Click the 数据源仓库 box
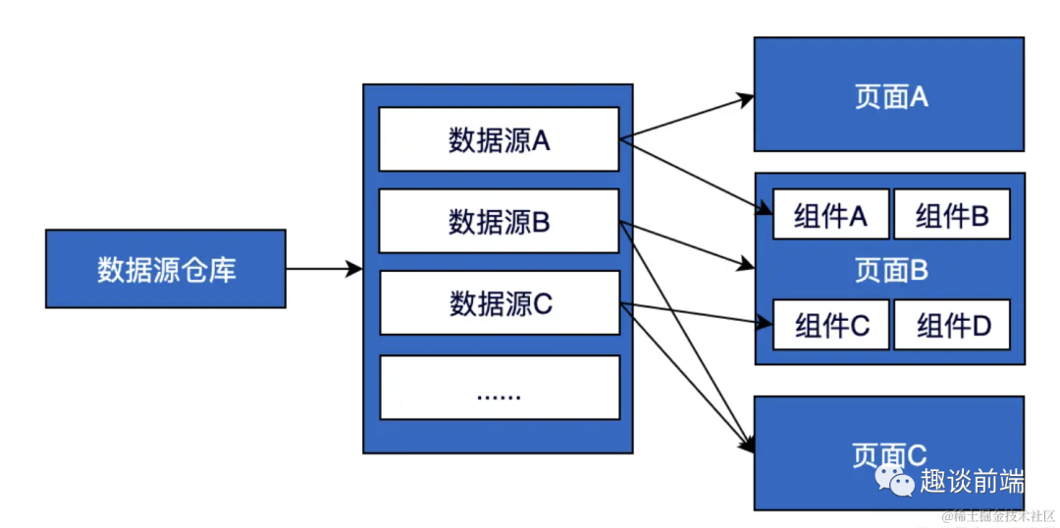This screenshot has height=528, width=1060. [166, 269]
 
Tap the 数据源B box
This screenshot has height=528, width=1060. [499, 222]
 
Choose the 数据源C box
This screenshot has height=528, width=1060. [499, 303]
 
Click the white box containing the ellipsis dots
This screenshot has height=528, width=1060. [499, 388]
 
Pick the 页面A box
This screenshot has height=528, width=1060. [888, 95]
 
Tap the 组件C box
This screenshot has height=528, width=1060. [830, 325]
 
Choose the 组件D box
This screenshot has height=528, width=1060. [951, 325]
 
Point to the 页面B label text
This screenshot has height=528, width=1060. [889, 270]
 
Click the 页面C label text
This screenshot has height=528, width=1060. [889, 454]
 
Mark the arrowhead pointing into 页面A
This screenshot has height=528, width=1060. [747, 98]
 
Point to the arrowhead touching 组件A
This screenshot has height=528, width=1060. [765, 209]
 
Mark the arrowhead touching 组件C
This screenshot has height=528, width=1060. [765, 321]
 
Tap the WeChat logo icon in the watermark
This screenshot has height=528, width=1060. [895, 481]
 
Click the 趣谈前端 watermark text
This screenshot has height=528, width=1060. [972, 482]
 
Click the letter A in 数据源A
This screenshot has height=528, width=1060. [541, 140]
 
